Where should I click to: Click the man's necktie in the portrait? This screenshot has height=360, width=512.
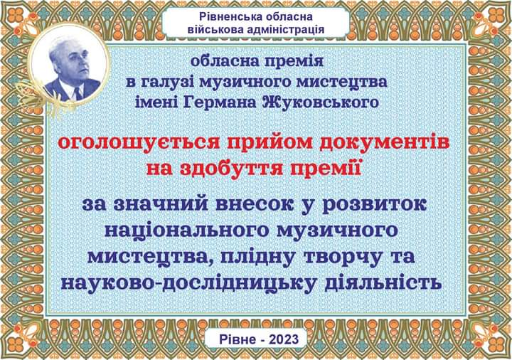pos(78,93)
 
